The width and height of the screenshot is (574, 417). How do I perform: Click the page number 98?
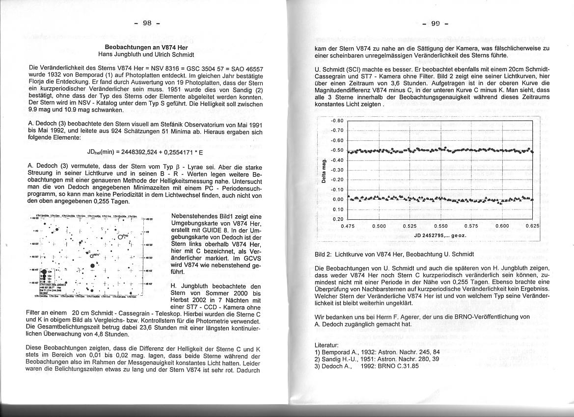pos(146,24)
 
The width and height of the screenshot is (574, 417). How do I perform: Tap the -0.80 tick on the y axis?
pos(336,121)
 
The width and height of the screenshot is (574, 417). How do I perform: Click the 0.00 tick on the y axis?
pos(337,200)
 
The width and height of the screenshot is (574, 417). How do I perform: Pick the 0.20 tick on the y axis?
pos(337,219)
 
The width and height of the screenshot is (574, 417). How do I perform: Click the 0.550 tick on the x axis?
pos(441,226)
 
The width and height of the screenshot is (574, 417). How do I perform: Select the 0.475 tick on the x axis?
pos(347,226)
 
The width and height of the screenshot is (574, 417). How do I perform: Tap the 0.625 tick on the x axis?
pos(532,226)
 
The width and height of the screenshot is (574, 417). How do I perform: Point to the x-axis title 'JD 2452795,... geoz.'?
pos(440,235)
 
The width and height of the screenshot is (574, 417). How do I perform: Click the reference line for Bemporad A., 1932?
pos(371,352)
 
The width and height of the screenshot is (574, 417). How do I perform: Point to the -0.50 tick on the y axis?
pos(336,150)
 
